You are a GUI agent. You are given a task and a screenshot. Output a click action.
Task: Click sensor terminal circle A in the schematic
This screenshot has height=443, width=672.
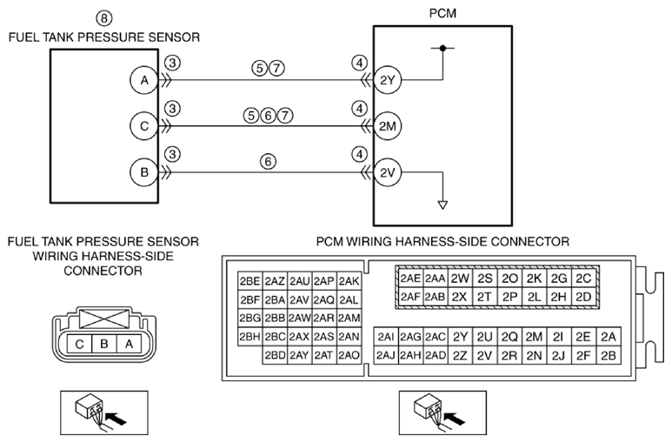pos(144,80)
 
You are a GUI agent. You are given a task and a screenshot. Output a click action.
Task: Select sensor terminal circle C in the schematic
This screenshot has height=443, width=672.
pos(144,126)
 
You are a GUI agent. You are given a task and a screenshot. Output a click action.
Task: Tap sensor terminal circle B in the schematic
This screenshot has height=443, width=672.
pos(144,172)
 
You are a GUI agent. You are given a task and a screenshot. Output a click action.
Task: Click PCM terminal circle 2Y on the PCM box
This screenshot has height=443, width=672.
pos(387,80)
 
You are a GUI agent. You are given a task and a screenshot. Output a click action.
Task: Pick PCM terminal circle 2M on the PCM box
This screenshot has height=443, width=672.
pos(387,126)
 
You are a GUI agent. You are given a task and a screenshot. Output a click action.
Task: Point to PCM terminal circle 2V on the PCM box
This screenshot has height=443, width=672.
pos(387,172)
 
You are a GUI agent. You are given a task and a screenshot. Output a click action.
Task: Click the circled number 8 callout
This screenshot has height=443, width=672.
pos(103,18)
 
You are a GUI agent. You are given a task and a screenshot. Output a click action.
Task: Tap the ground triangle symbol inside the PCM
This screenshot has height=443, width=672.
pos(442,205)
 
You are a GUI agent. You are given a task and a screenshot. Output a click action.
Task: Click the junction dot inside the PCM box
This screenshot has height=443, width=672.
pos(442,48)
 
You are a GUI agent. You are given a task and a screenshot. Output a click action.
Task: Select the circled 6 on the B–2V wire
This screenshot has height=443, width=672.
pos(269,161)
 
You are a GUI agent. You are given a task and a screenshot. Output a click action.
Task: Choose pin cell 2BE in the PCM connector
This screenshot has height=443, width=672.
pos(250,281)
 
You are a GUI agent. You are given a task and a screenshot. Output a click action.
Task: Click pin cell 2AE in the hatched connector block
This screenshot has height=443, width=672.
pos(410,279)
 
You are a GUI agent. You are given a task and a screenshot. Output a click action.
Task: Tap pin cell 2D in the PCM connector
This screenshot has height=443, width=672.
pos(583,297)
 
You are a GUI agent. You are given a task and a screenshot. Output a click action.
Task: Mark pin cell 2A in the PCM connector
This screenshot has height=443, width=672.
pos(609,337)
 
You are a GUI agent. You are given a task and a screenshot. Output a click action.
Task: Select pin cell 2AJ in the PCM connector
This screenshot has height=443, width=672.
pos(386,355)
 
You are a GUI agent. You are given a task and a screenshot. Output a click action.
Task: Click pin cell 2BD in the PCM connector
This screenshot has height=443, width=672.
pos(275,355)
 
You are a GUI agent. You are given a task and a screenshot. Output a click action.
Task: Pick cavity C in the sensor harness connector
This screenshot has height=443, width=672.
pos(79,344)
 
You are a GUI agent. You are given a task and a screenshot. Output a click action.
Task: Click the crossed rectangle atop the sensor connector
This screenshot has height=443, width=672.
pos(104,319)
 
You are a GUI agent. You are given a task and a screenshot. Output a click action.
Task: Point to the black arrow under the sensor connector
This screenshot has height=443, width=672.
pos(116,418)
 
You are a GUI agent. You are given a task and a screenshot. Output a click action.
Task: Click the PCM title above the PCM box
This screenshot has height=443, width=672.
pos(442,13)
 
